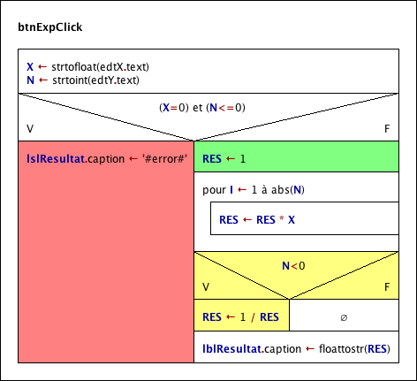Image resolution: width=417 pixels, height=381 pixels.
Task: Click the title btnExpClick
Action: tap(50, 27)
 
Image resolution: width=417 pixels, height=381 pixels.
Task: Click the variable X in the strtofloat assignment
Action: tap(30, 67)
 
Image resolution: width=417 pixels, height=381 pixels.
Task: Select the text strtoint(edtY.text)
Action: tap(95, 80)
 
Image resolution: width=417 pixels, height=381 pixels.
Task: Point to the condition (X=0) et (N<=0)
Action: tap(202, 108)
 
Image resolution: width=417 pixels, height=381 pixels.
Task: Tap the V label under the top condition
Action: tap(30, 129)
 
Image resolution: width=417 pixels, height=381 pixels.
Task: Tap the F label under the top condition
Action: tap(387, 129)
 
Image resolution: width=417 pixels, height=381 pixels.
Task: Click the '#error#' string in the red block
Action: tap(164, 159)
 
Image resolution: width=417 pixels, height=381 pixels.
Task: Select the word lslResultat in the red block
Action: tap(56, 159)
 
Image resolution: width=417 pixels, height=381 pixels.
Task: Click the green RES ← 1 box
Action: tap(296, 156)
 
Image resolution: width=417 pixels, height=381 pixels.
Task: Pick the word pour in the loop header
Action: tap(214, 190)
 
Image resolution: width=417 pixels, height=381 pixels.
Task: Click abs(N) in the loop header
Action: tap(288, 190)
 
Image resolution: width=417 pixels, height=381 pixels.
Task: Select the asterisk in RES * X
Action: tap(282, 218)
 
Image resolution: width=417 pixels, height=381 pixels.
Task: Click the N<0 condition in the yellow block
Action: tap(293, 266)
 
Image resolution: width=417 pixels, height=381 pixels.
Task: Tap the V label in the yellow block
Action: tap(206, 287)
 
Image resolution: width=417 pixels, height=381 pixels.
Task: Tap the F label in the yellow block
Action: tap(387, 287)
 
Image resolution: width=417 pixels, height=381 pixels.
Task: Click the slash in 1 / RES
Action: tap(253, 317)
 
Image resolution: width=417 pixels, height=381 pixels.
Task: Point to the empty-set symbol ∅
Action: tap(344, 317)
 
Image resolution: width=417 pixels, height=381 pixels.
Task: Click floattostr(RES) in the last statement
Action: tap(354, 349)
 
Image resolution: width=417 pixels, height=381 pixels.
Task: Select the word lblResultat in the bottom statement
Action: tap(232, 349)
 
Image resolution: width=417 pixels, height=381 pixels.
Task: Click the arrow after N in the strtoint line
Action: tap(43, 80)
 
